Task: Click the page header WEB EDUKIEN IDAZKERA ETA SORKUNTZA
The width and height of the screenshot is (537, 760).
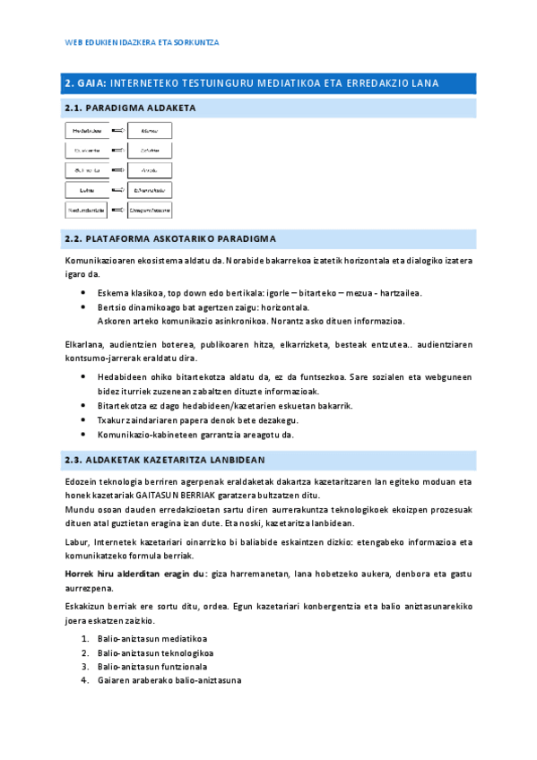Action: click(x=143, y=42)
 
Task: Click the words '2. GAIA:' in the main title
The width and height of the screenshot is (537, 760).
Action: click(x=85, y=83)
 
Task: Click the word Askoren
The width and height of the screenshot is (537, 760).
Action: click(x=114, y=320)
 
